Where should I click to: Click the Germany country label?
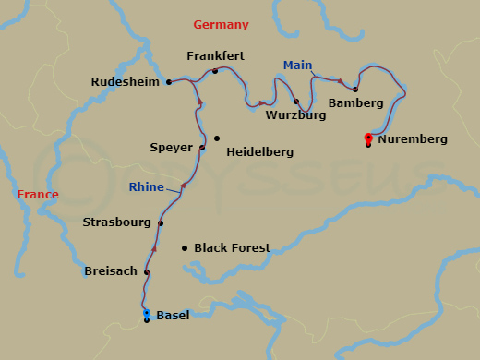(221, 24)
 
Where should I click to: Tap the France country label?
(38, 195)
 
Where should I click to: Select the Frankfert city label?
(215, 55)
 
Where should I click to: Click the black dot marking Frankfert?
(215, 71)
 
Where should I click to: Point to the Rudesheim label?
(125, 82)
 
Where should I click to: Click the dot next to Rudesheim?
(169, 82)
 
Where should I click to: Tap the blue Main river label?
(297, 65)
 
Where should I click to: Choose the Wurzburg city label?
(295, 115)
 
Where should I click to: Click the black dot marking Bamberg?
(355, 89)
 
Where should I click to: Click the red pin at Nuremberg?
(368, 138)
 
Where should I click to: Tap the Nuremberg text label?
(413, 139)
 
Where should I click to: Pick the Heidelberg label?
(259, 150)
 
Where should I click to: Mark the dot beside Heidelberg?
(217, 138)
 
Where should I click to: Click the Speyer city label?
(171, 147)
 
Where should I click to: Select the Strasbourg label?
(116, 222)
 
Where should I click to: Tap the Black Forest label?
(232, 248)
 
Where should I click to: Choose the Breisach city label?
(110, 271)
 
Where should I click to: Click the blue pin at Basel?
(147, 315)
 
